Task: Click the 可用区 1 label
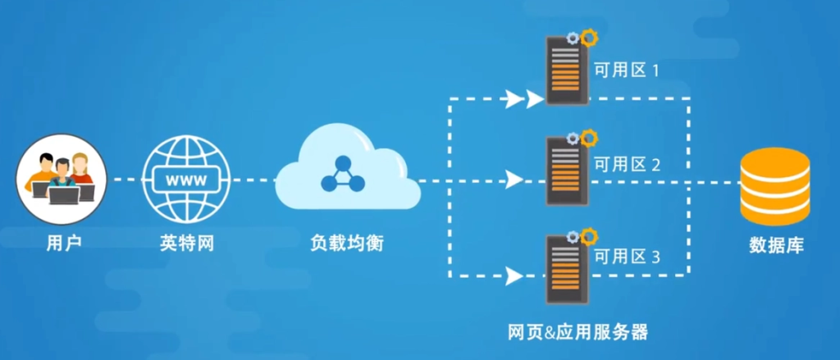(628, 71)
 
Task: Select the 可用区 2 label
(628, 165)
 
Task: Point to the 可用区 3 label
(628, 257)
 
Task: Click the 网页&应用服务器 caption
(578, 333)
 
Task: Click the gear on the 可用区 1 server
(587, 37)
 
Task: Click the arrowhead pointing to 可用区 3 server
(515, 274)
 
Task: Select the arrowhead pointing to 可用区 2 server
(515, 179)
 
